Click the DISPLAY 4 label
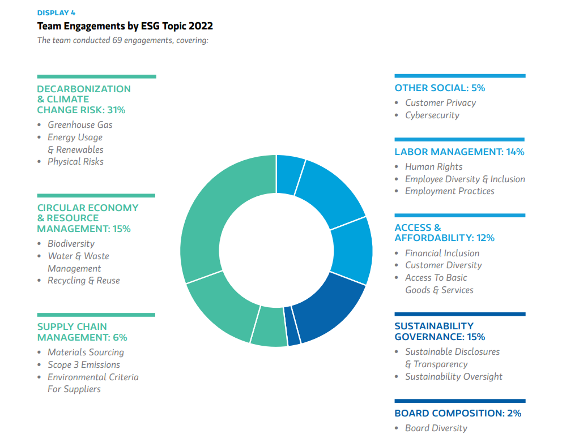click(x=56, y=13)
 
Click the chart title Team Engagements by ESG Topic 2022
click(x=125, y=26)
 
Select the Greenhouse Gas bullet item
click(x=80, y=125)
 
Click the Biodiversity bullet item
click(x=71, y=244)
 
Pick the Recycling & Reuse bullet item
click(x=83, y=281)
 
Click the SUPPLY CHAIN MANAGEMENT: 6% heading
click(x=82, y=332)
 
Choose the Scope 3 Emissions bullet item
click(x=83, y=365)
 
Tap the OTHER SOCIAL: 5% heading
click(x=440, y=88)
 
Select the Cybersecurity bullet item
click(x=432, y=115)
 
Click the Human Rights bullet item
click(x=433, y=167)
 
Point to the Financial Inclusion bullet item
click(x=442, y=253)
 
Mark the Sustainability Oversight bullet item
click(x=453, y=377)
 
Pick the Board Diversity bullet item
click(x=436, y=428)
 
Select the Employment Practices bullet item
click(x=449, y=191)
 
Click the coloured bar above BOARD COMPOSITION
click(x=459, y=401)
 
